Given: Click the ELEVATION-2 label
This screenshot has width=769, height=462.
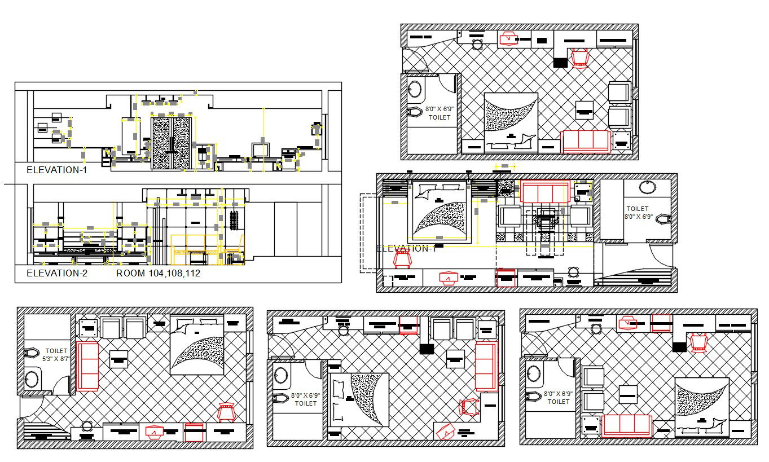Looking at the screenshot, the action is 57,274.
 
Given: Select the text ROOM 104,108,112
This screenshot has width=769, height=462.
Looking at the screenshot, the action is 159,274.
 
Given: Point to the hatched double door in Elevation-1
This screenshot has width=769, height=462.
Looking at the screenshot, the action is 170,143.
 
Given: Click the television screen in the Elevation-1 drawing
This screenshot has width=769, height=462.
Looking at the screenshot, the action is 261,149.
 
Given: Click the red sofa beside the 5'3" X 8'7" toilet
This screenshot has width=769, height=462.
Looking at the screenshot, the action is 87,366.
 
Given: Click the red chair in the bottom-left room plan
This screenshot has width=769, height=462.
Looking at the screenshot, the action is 226,412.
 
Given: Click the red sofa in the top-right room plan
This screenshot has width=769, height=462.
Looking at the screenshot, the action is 587,141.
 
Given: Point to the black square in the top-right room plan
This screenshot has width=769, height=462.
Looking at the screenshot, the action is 560,63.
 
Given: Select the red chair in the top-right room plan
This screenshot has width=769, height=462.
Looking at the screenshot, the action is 580,58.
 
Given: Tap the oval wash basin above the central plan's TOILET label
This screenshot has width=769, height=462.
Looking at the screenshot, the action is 647,187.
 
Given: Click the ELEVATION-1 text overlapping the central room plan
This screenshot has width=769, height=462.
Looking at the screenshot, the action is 406,248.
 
